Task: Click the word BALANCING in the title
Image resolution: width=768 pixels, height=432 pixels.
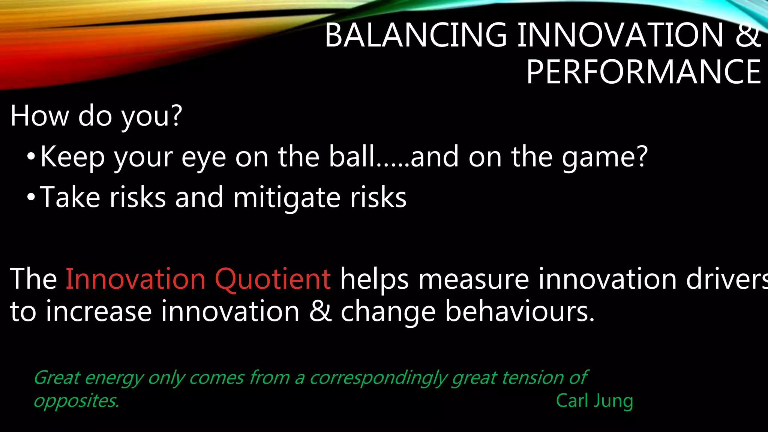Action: tap(415, 35)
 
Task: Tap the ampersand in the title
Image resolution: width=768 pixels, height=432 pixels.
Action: tap(748, 35)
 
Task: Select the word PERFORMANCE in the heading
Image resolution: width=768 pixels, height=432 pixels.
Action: tap(643, 72)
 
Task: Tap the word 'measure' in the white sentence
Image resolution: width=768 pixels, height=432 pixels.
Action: tap(474, 279)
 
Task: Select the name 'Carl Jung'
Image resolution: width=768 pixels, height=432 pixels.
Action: tap(594, 400)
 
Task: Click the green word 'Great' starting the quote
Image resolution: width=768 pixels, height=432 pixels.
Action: tap(57, 378)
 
